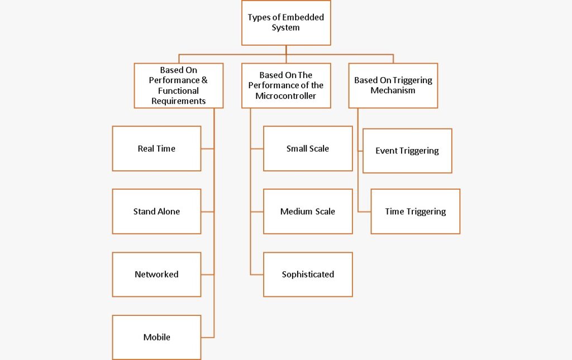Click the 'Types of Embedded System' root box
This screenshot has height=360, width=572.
pyautogui.click(x=285, y=23)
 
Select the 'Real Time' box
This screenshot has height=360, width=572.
pyautogui.click(x=156, y=148)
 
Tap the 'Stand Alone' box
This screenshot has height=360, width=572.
pyautogui.click(x=156, y=212)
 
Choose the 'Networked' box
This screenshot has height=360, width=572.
pyautogui.click(x=156, y=275)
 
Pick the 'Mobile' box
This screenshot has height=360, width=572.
pyautogui.click(x=156, y=337)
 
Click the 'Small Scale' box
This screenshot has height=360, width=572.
pyautogui.click(x=308, y=148)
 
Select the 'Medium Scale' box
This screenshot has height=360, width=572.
pyautogui.click(x=308, y=212)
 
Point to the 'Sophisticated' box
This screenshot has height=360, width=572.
pyautogui.click(x=308, y=275)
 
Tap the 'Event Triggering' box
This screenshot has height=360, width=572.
pyautogui.click(x=407, y=151)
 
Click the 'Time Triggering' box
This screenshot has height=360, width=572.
pyautogui.click(x=415, y=212)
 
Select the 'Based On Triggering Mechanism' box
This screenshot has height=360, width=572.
pyautogui.click(x=393, y=85)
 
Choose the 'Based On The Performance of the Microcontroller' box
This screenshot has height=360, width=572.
pyautogui.click(x=285, y=85)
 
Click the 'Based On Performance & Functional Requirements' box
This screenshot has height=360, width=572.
pyautogui.click(x=178, y=85)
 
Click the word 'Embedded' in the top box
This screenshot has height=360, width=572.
pyautogui.click(x=302, y=17)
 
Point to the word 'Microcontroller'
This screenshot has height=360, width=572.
pyautogui.click(x=285, y=96)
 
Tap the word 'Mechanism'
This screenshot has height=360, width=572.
pyautogui.click(x=393, y=90)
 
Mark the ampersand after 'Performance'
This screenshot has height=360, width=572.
pyautogui.click(x=204, y=80)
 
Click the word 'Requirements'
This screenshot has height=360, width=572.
pyautogui.click(x=178, y=101)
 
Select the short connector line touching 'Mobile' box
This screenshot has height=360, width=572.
pyautogui.click(x=207, y=337)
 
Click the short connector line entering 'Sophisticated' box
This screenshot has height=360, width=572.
pyautogui.click(x=257, y=275)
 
